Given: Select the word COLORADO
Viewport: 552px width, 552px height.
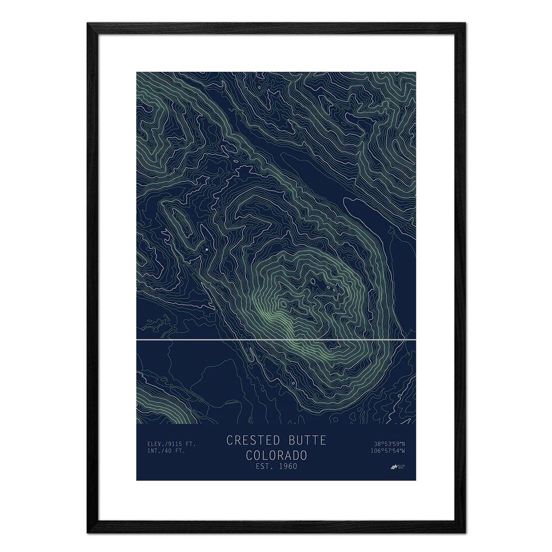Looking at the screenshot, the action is pos(276,455).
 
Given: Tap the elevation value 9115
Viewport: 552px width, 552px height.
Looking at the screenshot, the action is pos(175,444).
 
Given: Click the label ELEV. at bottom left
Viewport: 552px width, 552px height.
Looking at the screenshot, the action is pos(155,444).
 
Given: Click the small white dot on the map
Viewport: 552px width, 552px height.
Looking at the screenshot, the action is pos(207,249).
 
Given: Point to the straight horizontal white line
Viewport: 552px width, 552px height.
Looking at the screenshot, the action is pos(276,340).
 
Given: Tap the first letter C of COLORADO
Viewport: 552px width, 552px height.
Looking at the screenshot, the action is pos(249,455).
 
